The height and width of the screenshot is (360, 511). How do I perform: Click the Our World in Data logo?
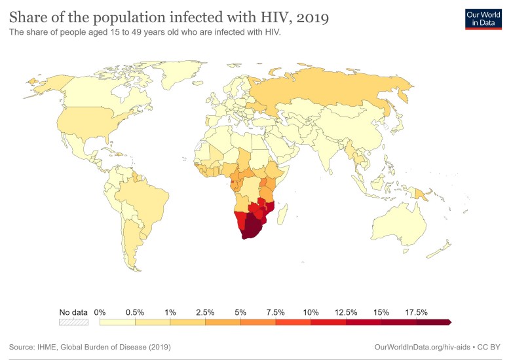tap(483, 18)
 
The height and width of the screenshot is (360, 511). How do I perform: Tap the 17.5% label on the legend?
tap(417, 312)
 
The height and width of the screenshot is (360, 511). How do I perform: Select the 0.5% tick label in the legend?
tap(135, 312)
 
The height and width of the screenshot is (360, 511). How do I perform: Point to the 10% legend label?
tap(311, 312)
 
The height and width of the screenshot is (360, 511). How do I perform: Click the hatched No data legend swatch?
tap(73, 322)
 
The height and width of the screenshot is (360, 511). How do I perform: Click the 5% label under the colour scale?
tap(240, 312)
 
